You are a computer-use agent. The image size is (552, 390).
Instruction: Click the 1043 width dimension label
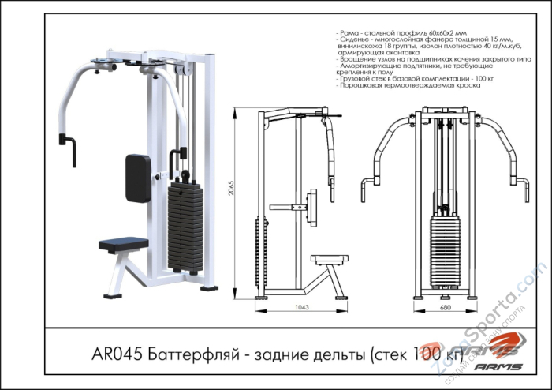(300, 308)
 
